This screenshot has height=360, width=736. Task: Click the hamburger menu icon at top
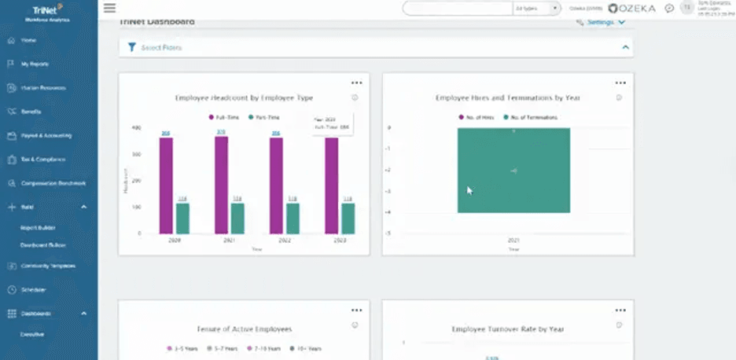tap(109, 8)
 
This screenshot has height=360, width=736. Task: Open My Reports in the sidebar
tap(35, 64)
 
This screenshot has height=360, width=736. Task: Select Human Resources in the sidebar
tap(43, 88)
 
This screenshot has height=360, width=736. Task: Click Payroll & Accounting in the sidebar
tap(46, 135)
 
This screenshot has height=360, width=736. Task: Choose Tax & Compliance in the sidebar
tap(43, 160)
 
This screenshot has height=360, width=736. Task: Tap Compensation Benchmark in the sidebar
tap(53, 183)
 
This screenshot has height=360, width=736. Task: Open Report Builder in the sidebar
tap(38, 227)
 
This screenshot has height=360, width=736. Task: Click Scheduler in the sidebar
tap(34, 290)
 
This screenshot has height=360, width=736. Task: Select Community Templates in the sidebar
tap(48, 266)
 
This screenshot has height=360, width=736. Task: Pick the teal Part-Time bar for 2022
tap(293, 219)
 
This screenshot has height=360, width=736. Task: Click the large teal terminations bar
tap(513, 170)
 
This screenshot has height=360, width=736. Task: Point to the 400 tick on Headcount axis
tap(137, 127)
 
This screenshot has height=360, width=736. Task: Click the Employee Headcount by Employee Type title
tap(244, 98)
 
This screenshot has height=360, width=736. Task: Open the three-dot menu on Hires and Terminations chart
tap(620, 83)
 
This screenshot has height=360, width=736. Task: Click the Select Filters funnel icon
tap(132, 47)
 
